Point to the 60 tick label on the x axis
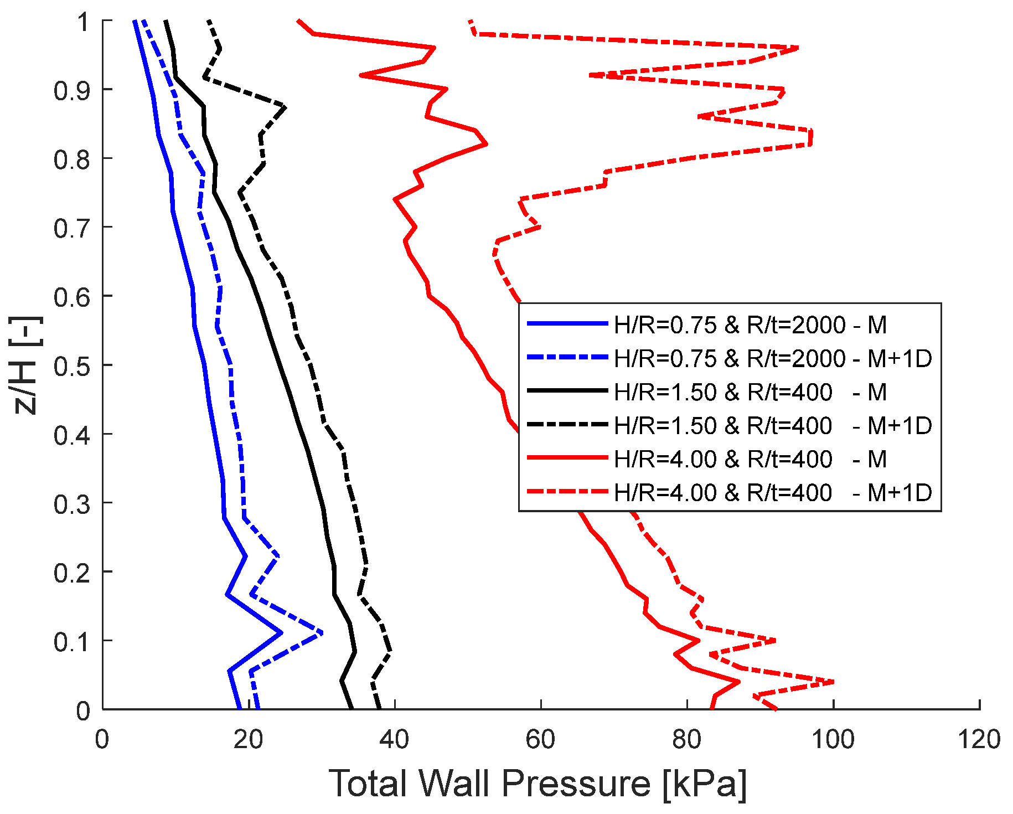540,739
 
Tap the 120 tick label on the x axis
979,739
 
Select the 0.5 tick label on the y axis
71,365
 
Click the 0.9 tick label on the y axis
71,90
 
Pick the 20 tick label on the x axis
248,739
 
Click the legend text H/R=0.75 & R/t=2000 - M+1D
773,359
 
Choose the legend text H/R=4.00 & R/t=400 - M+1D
773,492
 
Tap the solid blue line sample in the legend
567,324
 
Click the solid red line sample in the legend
567,458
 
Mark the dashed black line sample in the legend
567,425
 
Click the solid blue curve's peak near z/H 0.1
282,632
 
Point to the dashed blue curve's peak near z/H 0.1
322,632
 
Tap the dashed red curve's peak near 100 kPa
833,682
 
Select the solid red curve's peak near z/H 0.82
486,144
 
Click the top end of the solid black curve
166,22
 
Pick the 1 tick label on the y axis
83,22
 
